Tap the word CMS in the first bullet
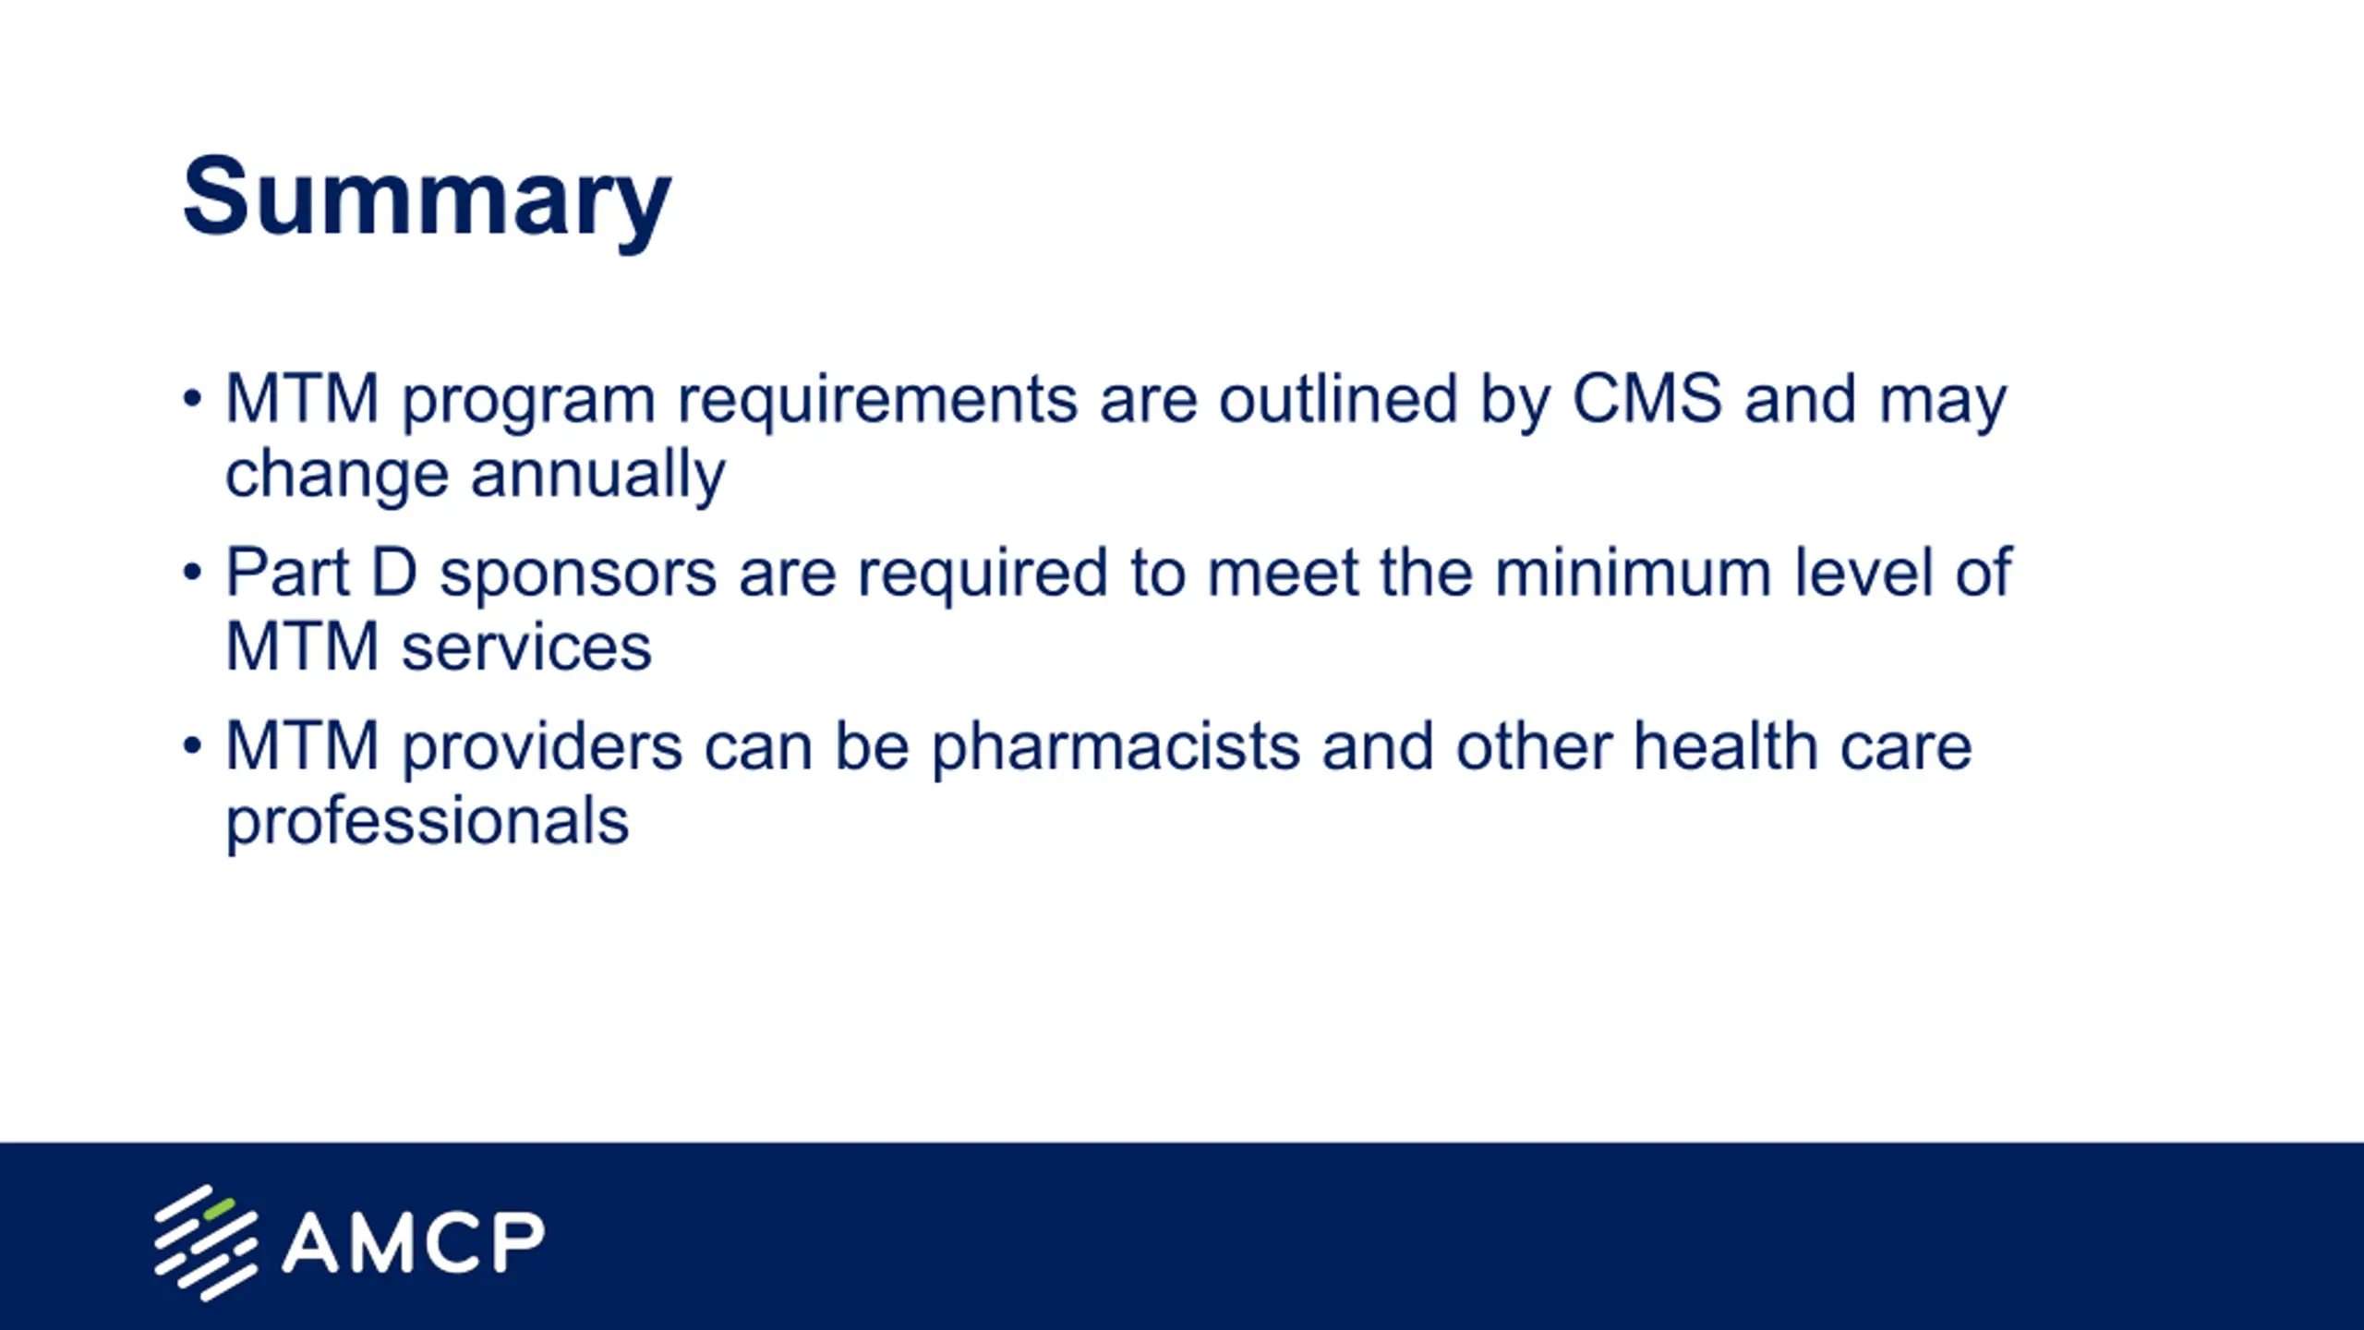[x=1647, y=399]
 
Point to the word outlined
[x=1338, y=399]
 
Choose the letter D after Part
[x=394, y=572]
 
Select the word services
[x=526, y=647]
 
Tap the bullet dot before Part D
[x=192, y=573]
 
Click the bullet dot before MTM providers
[x=192, y=745]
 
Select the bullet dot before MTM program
[x=192, y=399]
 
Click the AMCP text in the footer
[x=413, y=1242]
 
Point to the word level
[x=1863, y=573]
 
